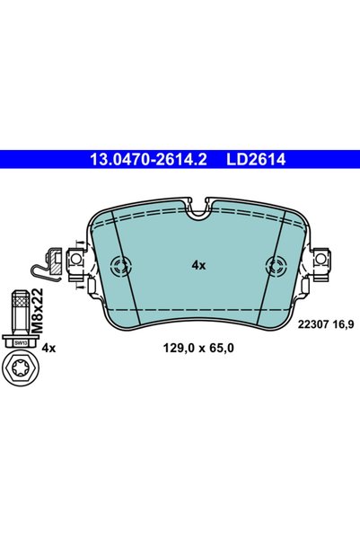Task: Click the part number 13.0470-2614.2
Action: coord(148,159)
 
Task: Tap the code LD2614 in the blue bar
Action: coord(256,159)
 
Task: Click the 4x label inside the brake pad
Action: coord(198,266)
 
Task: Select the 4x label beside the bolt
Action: coord(48,349)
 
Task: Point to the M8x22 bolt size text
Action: coord(38,311)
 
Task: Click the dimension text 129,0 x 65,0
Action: coord(198,349)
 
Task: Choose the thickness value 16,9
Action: coord(343,324)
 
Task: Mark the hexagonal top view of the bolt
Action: coord(21,368)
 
